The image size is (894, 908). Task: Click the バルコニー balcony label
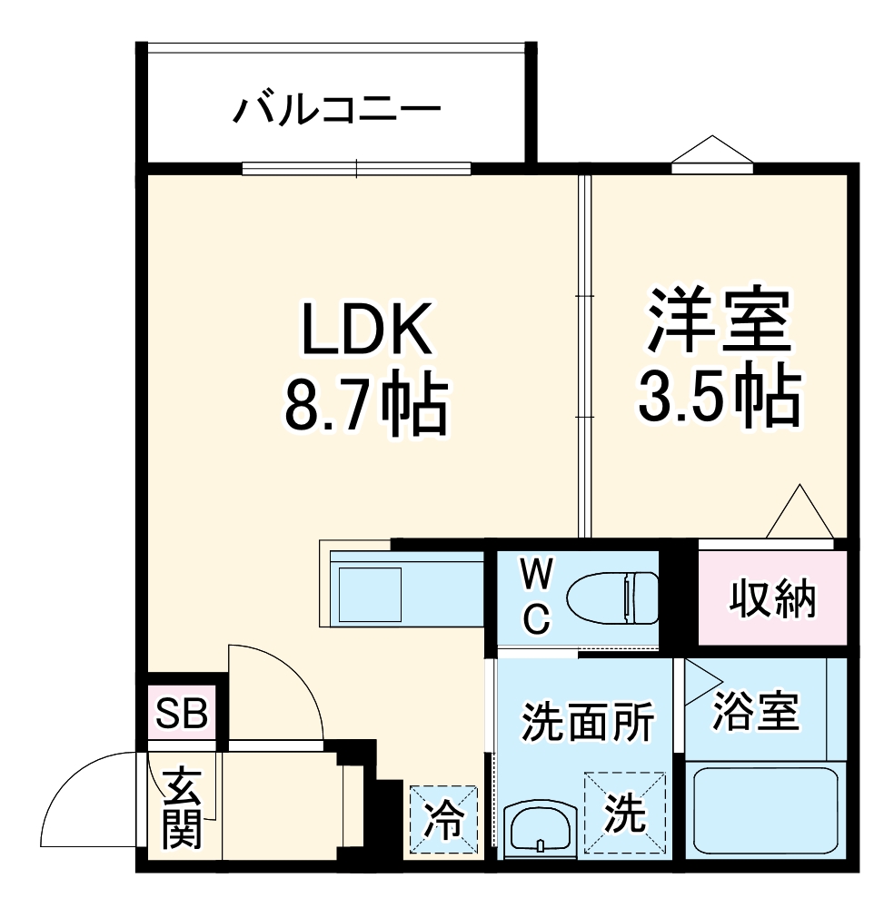[337, 111]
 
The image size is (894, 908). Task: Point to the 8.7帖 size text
[365, 405]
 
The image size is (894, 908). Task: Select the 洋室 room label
[719, 320]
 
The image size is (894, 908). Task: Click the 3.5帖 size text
[719, 396]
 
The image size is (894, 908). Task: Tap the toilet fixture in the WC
[611, 597]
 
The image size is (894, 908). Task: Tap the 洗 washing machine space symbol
[626, 813]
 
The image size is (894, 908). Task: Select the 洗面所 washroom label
[587, 724]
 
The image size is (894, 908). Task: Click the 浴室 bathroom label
[756, 713]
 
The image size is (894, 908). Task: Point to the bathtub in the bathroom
[765, 812]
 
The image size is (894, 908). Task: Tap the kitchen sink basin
[369, 593]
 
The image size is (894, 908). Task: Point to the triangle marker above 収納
[800, 514]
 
